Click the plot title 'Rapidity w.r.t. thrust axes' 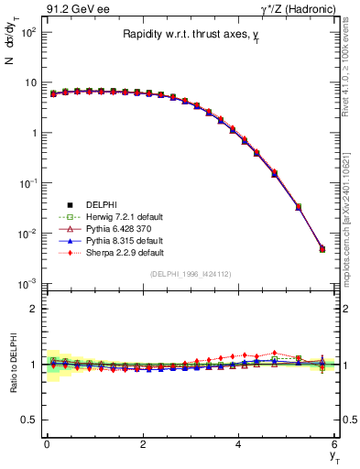(190, 35)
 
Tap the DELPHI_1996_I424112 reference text (191, 274)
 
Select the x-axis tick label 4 (239, 445)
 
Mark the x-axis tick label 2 (143, 445)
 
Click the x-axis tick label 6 (335, 445)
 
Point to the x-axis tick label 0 (47, 445)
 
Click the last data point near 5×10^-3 (322, 249)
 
